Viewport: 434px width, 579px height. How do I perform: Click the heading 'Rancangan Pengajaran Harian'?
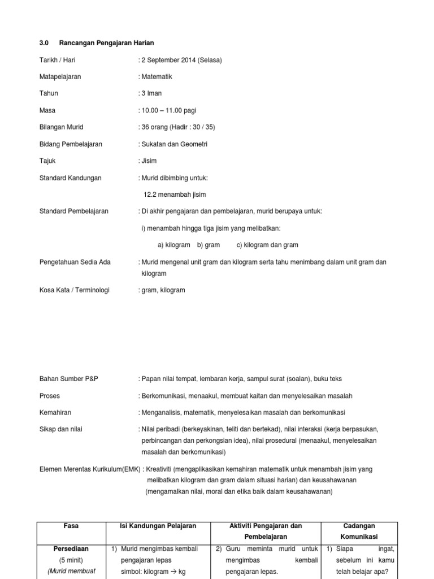(106, 43)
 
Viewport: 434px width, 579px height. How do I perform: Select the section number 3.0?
(45, 43)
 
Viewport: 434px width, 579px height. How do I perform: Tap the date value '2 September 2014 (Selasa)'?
(181, 60)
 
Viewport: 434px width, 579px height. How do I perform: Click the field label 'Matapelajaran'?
(60, 77)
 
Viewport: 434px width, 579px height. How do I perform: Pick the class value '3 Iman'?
(151, 93)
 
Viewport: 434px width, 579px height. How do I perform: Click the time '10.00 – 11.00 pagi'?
(168, 110)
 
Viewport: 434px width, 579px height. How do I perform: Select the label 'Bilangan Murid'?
(61, 127)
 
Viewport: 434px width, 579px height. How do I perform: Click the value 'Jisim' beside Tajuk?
(149, 161)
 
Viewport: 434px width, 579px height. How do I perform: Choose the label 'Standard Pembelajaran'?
(73, 211)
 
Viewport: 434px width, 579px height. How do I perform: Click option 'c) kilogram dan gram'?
(267, 245)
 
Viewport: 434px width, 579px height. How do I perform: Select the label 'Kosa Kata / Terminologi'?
(74, 290)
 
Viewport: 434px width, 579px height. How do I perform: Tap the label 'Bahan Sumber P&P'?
(68, 379)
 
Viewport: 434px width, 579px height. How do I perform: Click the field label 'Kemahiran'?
(55, 413)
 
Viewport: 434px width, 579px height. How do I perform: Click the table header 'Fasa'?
(71, 526)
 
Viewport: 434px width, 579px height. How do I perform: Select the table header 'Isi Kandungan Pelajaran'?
(158, 526)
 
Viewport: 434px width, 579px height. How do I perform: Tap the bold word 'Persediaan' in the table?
(71, 548)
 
